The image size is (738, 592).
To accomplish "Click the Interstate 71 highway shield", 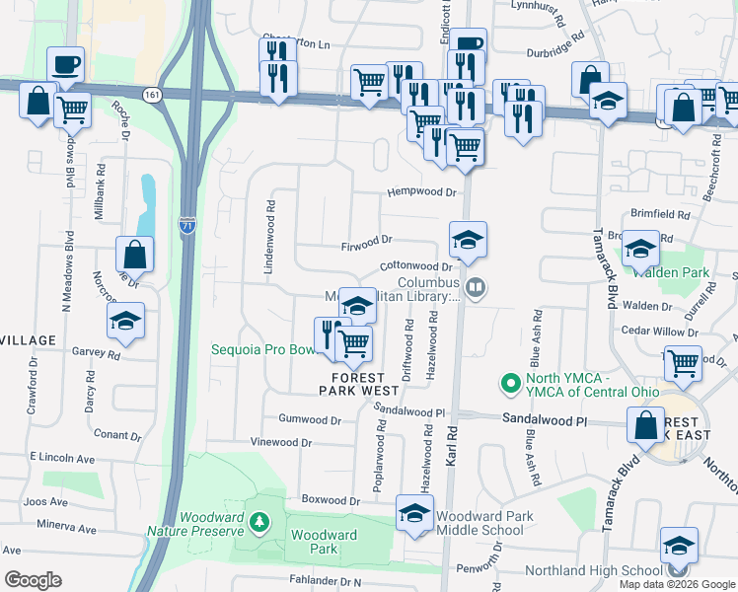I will tap(187, 226).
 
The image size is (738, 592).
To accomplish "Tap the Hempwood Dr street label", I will tap(422, 192).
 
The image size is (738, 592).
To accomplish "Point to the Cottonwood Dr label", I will tap(415, 265).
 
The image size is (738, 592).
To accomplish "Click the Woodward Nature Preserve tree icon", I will tap(258, 521).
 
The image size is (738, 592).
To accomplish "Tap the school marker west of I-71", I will tap(125, 321).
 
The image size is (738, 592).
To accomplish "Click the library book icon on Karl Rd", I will tap(477, 288).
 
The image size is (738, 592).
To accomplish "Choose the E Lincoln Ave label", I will tap(61, 458).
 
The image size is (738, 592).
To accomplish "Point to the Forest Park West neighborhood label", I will tap(351, 383).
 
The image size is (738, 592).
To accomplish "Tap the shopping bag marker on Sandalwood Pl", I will tap(645, 427).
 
